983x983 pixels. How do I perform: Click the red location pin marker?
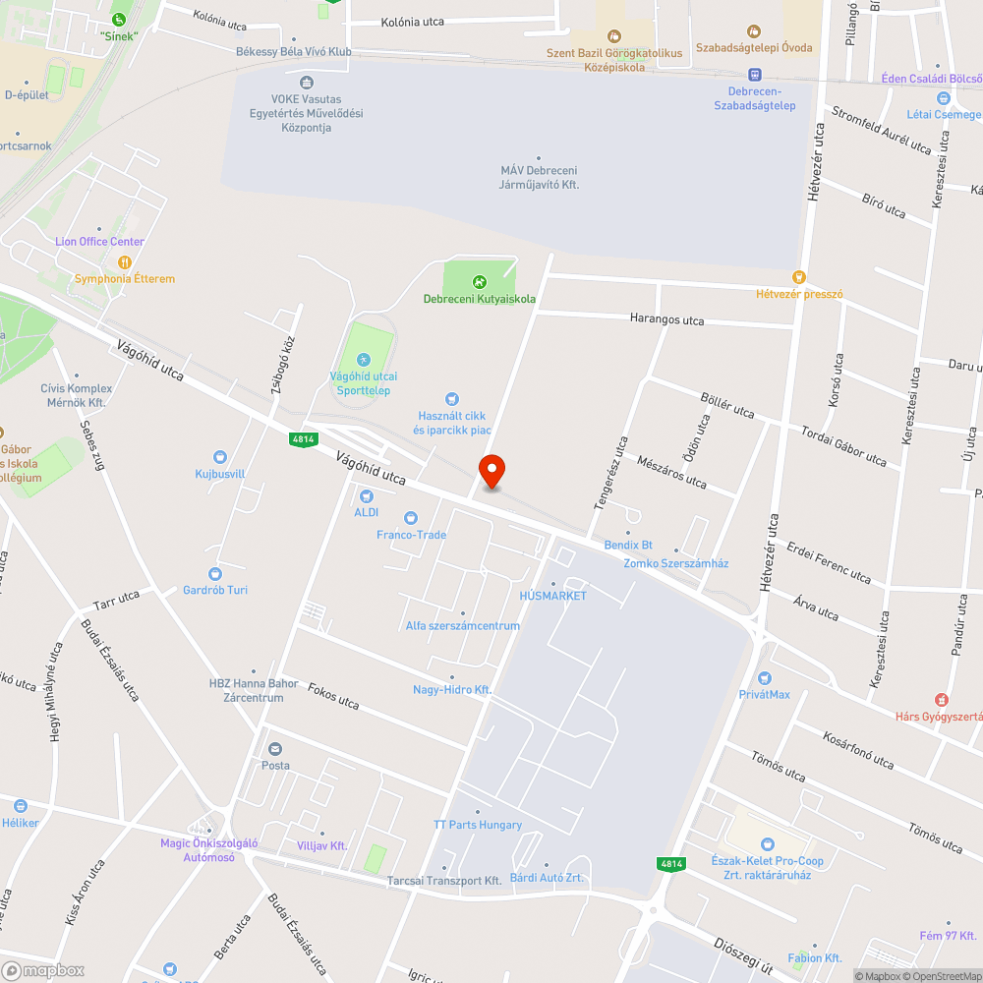click(491, 471)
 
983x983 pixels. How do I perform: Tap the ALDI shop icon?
click(366, 496)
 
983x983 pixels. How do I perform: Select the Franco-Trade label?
click(411, 535)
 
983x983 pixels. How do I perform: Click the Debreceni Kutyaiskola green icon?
click(480, 282)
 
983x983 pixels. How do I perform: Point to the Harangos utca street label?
click(667, 319)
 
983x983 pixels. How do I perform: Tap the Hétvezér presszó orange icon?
click(798, 278)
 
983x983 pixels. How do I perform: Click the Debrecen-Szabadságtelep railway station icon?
click(755, 75)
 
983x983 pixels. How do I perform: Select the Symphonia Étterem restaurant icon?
click(125, 262)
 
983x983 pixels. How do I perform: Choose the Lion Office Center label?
click(99, 242)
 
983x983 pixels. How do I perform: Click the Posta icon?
click(275, 750)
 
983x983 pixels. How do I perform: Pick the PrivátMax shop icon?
click(765, 678)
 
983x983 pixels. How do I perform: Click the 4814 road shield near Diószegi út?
click(670, 864)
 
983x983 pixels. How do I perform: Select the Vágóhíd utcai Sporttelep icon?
click(364, 360)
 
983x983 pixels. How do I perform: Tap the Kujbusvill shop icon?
click(220, 457)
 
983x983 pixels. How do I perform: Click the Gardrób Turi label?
click(215, 590)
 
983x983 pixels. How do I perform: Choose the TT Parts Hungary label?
click(478, 825)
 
